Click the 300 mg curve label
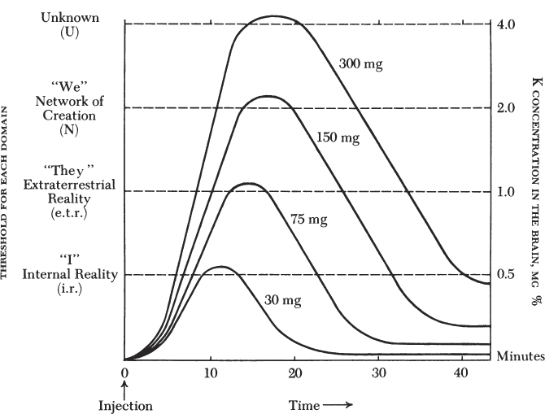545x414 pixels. pyautogui.click(x=360, y=62)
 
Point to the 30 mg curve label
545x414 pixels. pyautogui.click(x=283, y=300)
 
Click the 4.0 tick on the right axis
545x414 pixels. pyautogui.click(x=506, y=24)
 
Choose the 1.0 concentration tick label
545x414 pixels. pyautogui.click(x=506, y=192)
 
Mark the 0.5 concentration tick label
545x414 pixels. pyautogui.click(x=506, y=275)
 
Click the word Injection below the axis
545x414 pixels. pyautogui.click(x=125, y=404)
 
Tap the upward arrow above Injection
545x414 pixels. pyautogui.click(x=124, y=388)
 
